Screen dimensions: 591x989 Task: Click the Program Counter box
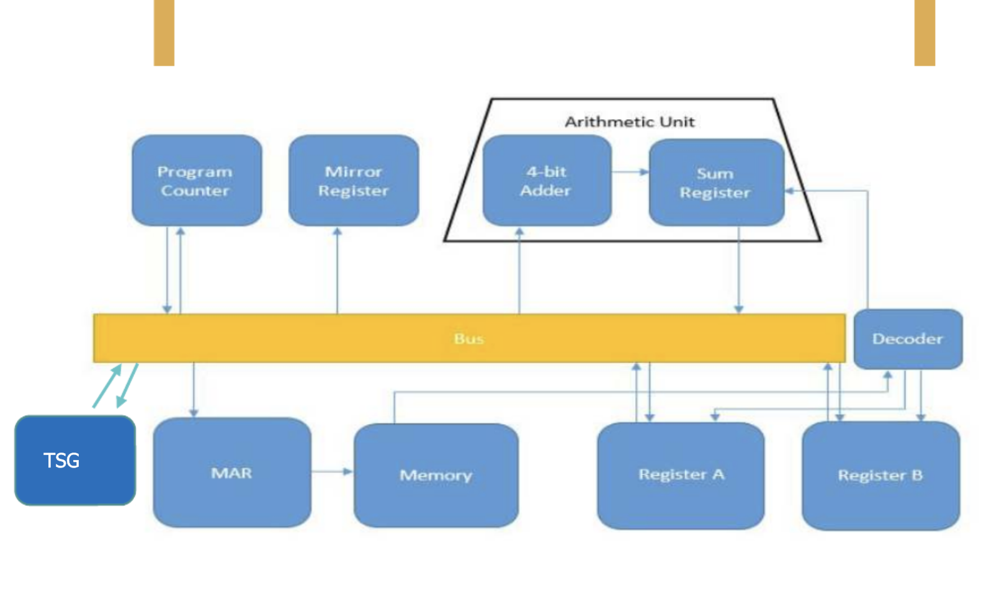tap(196, 181)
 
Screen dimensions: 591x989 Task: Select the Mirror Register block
tap(353, 181)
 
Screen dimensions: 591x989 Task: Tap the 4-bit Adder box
tap(547, 181)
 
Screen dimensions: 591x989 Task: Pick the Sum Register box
tap(716, 183)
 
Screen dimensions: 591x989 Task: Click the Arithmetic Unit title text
tap(629, 122)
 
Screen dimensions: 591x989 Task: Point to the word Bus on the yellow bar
tap(468, 338)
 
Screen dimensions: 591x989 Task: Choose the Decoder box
tap(907, 339)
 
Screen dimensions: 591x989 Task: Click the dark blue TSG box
tap(74, 460)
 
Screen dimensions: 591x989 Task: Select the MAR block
tap(231, 473)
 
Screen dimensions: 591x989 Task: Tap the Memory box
tap(436, 476)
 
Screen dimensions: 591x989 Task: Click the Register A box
tap(681, 476)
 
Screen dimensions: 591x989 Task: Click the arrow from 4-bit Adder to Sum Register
tap(630, 172)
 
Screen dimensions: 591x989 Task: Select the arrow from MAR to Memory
tap(332, 472)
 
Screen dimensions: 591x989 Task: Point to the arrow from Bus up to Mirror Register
tap(338, 270)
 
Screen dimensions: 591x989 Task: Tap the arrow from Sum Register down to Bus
tap(738, 270)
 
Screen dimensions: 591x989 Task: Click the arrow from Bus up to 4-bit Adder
tap(519, 270)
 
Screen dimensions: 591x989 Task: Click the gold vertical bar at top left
tap(164, 32)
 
